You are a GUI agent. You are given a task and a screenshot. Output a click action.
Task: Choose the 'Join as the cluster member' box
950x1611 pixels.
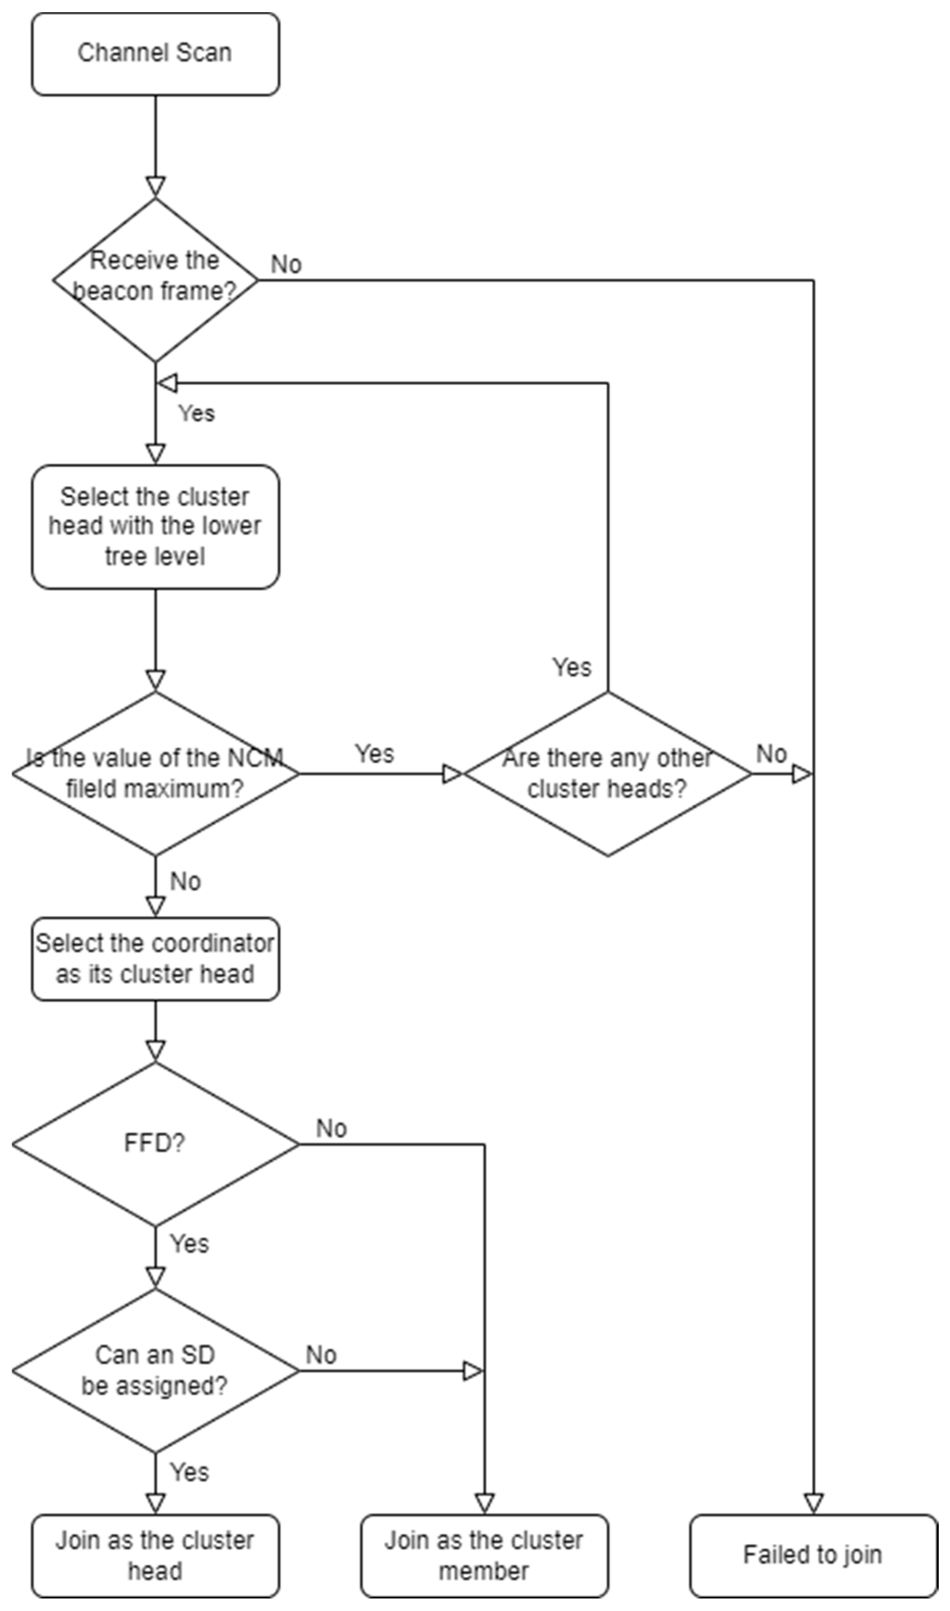(484, 1555)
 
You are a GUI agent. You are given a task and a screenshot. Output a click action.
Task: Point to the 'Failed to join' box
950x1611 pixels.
(812, 1555)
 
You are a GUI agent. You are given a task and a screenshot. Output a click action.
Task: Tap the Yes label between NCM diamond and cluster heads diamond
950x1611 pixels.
(374, 753)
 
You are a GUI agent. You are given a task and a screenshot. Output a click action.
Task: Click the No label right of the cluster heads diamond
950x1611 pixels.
(771, 754)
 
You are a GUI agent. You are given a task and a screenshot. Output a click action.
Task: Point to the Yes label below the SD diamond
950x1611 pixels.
(189, 1472)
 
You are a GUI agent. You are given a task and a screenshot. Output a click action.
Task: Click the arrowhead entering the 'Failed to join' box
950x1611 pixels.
(813, 1504)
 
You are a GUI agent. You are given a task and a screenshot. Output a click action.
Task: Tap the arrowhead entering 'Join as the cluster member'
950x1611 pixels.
(484, 1504)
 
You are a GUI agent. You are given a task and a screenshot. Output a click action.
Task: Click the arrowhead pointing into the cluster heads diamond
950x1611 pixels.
(452, 774)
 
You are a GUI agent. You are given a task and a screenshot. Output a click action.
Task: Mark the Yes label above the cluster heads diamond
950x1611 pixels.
(572, 667)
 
